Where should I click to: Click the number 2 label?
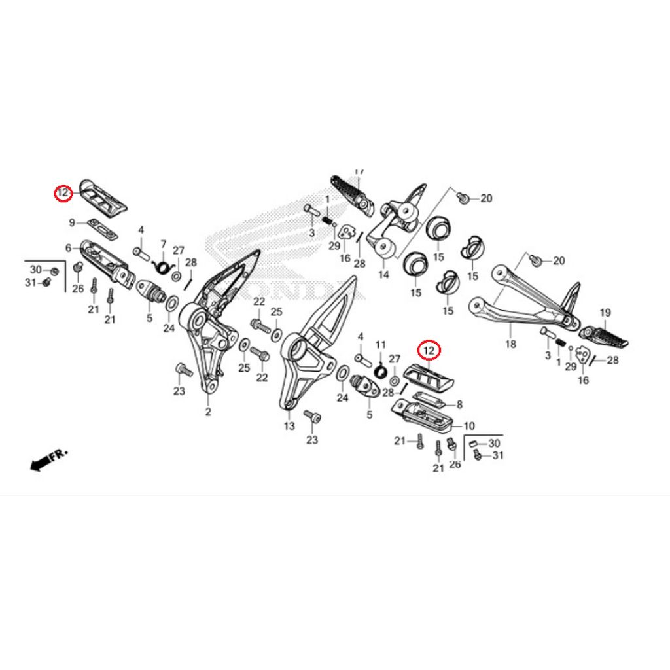208,412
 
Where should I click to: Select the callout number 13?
289,426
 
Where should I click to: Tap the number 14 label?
383,275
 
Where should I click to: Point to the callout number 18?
511,344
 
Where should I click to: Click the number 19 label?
605,313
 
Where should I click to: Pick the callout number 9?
73,222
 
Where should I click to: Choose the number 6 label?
68,248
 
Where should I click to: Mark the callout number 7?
164,243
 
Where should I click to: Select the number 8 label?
459,405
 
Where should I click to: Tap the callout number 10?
469,426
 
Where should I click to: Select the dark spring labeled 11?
379,370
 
